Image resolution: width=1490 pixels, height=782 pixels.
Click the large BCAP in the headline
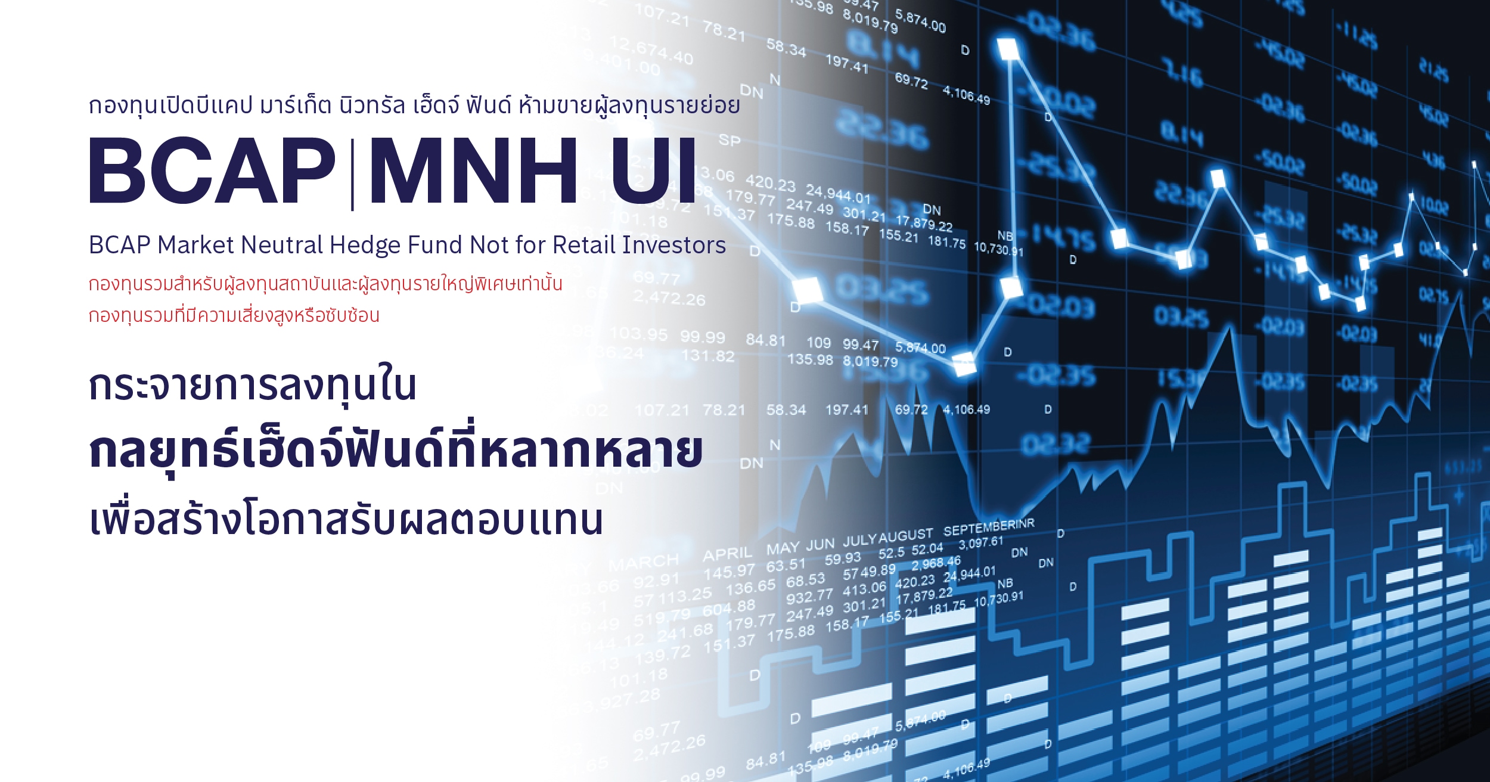point(212,171)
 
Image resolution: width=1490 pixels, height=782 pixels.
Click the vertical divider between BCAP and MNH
point(353,173)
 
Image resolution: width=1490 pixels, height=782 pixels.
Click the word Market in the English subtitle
point(195,245)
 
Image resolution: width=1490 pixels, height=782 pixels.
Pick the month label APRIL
point(727,554)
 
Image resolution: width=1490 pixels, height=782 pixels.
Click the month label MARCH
point(644,562)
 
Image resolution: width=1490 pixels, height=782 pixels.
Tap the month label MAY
point(783,548)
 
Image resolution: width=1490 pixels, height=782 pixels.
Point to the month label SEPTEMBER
point(977,528)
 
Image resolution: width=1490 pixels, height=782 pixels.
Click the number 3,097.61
point(981,543)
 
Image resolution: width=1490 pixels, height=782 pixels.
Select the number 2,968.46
point(936,563)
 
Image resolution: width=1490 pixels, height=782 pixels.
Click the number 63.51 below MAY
point(786,564)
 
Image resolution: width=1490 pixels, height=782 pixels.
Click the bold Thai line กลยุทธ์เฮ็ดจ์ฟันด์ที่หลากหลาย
point(396,451)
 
